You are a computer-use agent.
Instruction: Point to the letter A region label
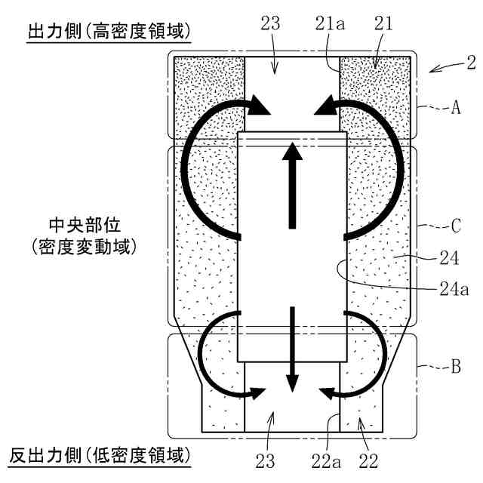455,108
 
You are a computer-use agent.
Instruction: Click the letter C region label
455,226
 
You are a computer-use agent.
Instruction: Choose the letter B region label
455,368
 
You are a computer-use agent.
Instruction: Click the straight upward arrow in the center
290,185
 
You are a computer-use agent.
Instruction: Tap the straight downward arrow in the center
291,347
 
